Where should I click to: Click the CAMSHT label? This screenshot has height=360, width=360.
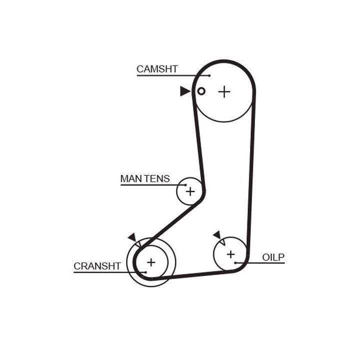click(x=157, y=69)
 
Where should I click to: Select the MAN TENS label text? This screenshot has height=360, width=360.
click(x=145, y=178)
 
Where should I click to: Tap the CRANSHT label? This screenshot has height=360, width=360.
click(x=97, y=266)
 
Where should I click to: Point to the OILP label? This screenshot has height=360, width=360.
click(x=273, y=257)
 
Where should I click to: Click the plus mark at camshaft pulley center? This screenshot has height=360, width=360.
click(x=224, y=91)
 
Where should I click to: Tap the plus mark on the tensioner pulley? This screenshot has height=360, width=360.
click(x=190, y=191)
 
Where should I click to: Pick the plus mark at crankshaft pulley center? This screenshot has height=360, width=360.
click(x=151, y=261)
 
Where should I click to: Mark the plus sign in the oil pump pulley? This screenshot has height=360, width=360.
click(x=230, y=254)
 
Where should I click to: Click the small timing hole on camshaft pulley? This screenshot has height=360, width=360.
click(x=201, y=91)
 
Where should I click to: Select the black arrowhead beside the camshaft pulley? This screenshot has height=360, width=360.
click(x=185, y=91)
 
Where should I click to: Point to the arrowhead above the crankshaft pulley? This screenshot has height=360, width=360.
click(x=132, y=237)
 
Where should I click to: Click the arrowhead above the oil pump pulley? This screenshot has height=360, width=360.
click(x=217, y=234)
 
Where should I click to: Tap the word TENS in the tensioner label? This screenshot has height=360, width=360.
click(x=157, y=178)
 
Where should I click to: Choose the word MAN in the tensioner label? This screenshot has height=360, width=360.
click(x=128, y=178)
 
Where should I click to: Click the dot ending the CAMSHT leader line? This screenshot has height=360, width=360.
click(x=209, y=76)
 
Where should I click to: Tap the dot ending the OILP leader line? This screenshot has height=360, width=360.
click(x=235, y=262)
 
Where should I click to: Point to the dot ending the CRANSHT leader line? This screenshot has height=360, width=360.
click(x=145, y=272)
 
